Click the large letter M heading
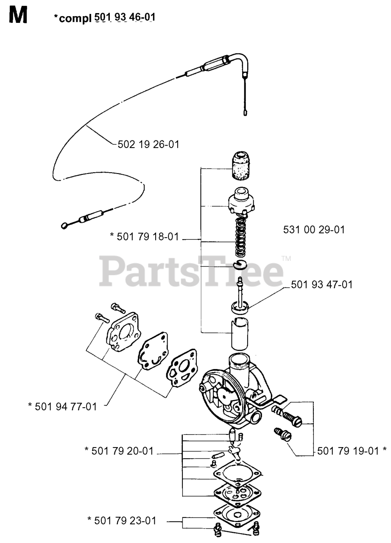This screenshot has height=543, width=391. pyautogui.click(x=18, y=16)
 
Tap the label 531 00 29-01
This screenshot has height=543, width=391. pyautogui.click(x=313, y=230)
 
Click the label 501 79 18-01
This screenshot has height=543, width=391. pyautogui.click(x=144, y=236)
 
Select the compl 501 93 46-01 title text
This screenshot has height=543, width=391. pyautogui.click(x=104, y=18)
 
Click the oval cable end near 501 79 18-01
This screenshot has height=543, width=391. pyautogui.click(x=65, y=225)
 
